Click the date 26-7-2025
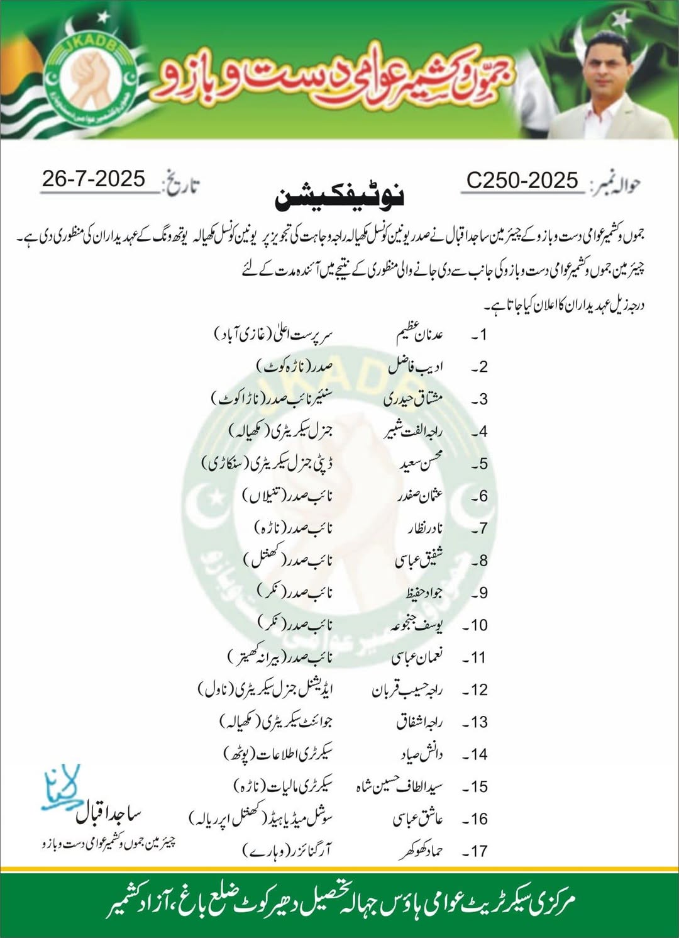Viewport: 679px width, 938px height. tap(94, 179)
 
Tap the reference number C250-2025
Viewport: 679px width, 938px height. tap(522, 181)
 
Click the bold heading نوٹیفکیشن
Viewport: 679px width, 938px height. tap(339, 197)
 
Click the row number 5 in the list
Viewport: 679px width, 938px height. tap(480, 464)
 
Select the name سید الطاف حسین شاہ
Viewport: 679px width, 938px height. tap(400, 786)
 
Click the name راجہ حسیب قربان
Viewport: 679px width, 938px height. tap(407, 690)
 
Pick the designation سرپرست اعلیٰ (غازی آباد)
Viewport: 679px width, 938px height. tap(273, 333)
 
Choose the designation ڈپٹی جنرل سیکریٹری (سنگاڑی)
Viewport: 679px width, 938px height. tap(267, 464)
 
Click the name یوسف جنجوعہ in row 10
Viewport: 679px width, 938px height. tap(416, 625)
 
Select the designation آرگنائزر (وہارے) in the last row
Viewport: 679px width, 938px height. tap(287, 851)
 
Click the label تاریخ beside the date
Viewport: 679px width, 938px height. tap(180, 184)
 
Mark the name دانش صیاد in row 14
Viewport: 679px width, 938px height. tap(422, 754)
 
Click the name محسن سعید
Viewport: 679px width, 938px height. tap(421, 464)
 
